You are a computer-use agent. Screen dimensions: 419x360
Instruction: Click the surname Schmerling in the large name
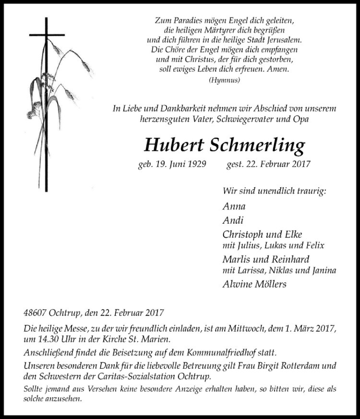pos(257,145)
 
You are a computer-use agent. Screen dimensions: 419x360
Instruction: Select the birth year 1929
pos(196,164)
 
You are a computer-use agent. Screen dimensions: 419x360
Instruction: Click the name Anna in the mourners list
pos(234,207)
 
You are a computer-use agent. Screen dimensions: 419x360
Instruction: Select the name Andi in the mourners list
pos(233,221)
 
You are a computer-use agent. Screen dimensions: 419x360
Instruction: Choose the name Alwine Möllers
pos(255,284)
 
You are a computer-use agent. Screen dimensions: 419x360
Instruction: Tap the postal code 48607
pos(34,312)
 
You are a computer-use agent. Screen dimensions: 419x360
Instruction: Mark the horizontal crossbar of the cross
pos(47,35)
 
